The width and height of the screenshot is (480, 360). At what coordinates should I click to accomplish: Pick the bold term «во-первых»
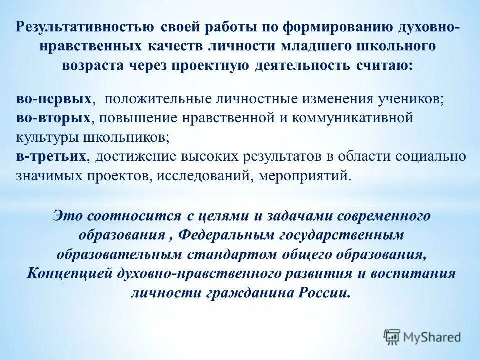pyautogui.click(x=53, y=98)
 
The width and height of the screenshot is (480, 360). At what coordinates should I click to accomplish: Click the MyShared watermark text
pyautogui.click(x=433, y=337)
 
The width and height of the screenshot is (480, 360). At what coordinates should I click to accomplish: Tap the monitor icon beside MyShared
pyautogui.click(x=392, y=337)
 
